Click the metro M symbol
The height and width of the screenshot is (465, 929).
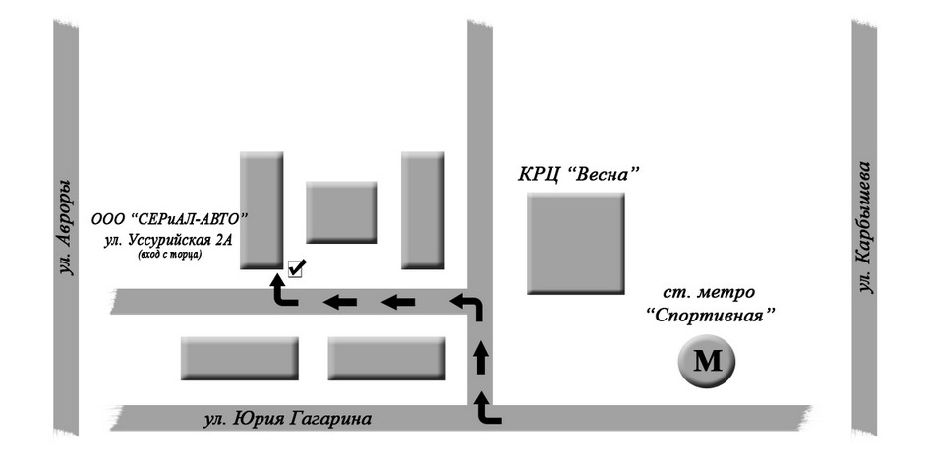(x=706, y=362)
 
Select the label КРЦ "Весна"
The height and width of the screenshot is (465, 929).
(x=579, y=177)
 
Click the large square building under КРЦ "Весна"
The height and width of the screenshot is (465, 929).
(x=576, y=243)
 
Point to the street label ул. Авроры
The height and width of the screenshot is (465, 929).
(x=65, y=227)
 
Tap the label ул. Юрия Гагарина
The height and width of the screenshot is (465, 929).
(x=287, y=420)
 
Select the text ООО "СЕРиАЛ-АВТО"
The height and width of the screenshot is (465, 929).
(x=171, y=217)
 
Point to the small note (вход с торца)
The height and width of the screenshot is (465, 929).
(x=163, y=255)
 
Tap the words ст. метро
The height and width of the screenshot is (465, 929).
(x=708, y=293)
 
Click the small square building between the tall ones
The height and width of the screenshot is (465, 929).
(x=341, y=211)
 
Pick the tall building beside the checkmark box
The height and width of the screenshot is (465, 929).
(x=261, y=209)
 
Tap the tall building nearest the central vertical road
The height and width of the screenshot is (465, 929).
(x=423, y=209)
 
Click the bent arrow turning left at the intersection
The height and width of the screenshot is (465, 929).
(x=467, y=307)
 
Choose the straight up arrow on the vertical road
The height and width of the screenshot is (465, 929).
(x=481, y=359)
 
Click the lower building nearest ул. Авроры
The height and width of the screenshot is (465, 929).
(x=240, y=358)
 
